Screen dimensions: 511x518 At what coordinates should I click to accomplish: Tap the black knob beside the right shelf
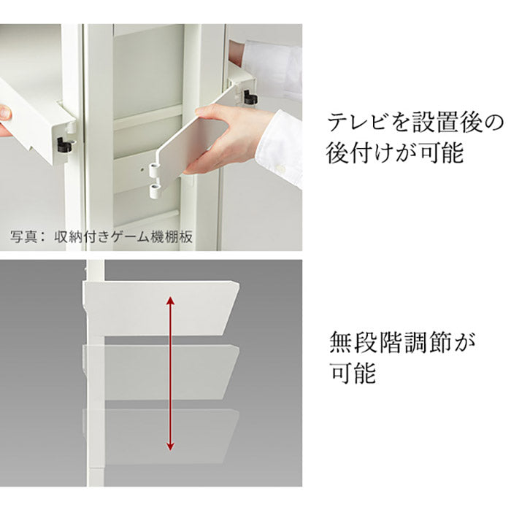click(250, 97)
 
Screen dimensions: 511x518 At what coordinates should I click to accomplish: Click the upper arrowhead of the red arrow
click(170, 301)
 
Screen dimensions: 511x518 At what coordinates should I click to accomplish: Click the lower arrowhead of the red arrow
click(170, 446)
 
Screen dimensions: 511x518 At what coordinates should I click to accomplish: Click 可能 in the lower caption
click(353, 373)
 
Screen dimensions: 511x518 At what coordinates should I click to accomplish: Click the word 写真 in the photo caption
click(23, 236)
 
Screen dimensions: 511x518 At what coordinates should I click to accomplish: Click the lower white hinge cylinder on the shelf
click(154, 191)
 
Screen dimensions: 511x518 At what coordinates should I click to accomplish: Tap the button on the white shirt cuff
click(281, 169)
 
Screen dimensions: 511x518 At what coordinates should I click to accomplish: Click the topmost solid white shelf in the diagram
click(161, 308)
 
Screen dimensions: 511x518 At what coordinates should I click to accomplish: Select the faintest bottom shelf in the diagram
click(161, 436)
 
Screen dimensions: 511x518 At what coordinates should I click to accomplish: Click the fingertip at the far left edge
click(5, 112)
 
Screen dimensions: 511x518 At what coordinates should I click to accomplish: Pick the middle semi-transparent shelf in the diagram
click(161, 371)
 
